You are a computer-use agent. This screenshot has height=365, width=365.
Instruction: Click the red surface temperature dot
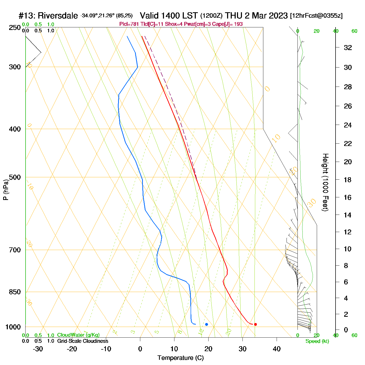[x=256, y=324]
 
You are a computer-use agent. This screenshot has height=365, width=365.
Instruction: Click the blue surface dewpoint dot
[x=206, y=324]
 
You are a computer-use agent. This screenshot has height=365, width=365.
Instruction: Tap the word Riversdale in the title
[x=58, y=16]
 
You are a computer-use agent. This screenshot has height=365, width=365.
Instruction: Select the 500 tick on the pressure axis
[x=15, y=177]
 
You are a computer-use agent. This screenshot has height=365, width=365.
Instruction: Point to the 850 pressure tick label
[x=15, y=292]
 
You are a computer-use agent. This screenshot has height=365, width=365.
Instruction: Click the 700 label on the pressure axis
[x=15, y=250]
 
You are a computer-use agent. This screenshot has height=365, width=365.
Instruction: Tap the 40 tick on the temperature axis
[x=277, y=349]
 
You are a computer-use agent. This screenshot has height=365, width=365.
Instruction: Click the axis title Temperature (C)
[x=180, y=358]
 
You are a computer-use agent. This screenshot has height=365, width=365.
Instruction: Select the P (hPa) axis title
[x=6, y=190]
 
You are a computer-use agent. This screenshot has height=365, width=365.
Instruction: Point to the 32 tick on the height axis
[x=348, y=47]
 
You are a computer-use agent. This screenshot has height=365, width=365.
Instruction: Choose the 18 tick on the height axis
[x=348, y=180]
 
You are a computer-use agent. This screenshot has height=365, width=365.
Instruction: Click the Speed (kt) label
[x=317, y=341]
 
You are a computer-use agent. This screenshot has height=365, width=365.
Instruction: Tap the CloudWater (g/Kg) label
[x=78, y=335]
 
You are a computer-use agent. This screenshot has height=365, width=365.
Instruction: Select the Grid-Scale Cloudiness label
[x=83, y=341]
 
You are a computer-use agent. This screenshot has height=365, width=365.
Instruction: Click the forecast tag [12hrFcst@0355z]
[x=316, y=16]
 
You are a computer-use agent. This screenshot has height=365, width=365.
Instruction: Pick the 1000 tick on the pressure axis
[x=13, y=327]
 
